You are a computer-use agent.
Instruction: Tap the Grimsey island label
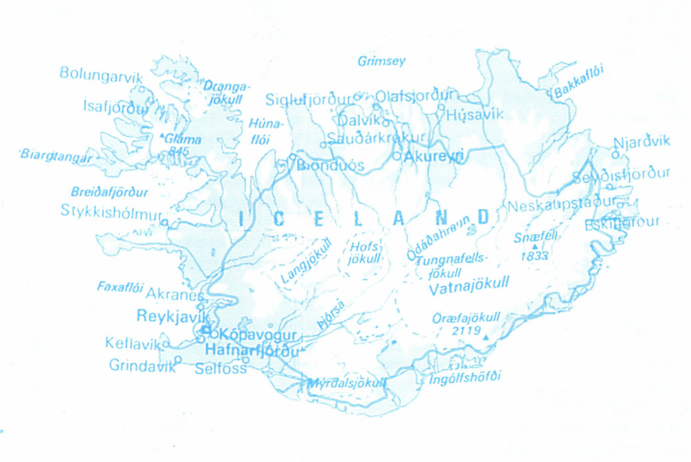(x=381, y=62)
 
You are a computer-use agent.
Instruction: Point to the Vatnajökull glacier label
(x=469, y=284)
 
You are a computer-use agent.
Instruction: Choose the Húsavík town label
(x=475, y=115)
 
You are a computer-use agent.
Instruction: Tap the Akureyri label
(x=435, y=157)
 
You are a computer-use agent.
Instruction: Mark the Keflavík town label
(x=133, y=343)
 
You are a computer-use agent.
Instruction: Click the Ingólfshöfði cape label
(x=464, y=378)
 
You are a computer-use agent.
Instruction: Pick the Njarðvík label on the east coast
(x=642, y=142)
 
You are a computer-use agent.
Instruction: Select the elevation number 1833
(x=536, y=256)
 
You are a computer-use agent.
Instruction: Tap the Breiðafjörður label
(x=110, y=190)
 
